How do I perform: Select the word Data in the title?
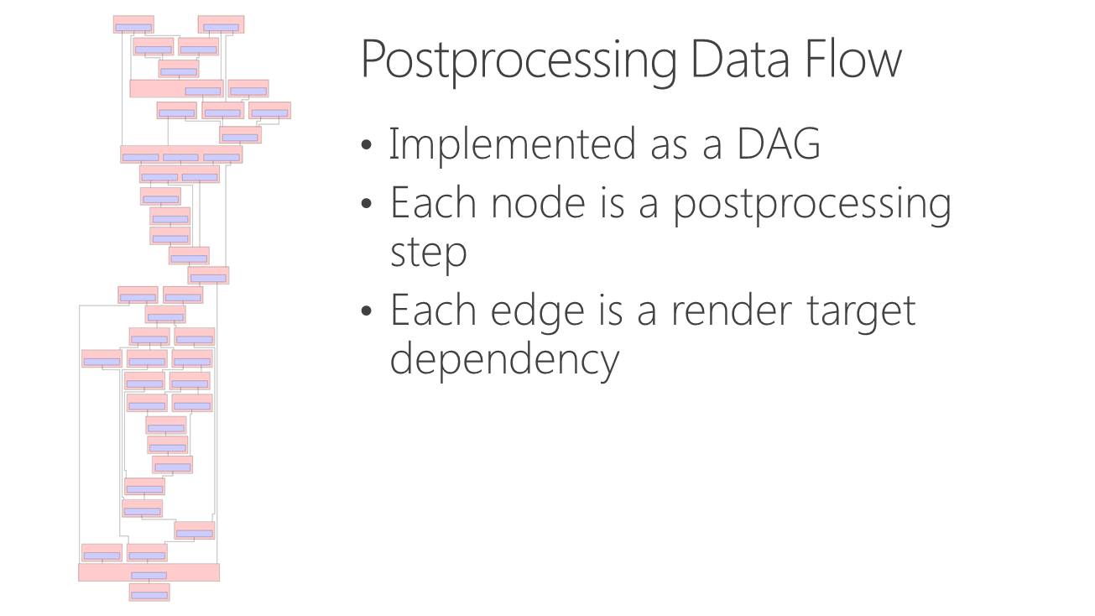741,59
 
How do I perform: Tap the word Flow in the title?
853,58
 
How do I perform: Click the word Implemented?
512,144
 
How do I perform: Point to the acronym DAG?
778,144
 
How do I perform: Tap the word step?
428,255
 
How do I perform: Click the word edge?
537,313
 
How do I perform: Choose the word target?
861,313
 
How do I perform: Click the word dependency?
504,361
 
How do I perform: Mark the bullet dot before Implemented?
367,145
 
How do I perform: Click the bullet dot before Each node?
367,203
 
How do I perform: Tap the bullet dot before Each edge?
367,311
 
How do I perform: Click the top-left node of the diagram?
133,24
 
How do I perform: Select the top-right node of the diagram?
221,24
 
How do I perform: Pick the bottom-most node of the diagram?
149,592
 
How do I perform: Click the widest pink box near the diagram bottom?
149,572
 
